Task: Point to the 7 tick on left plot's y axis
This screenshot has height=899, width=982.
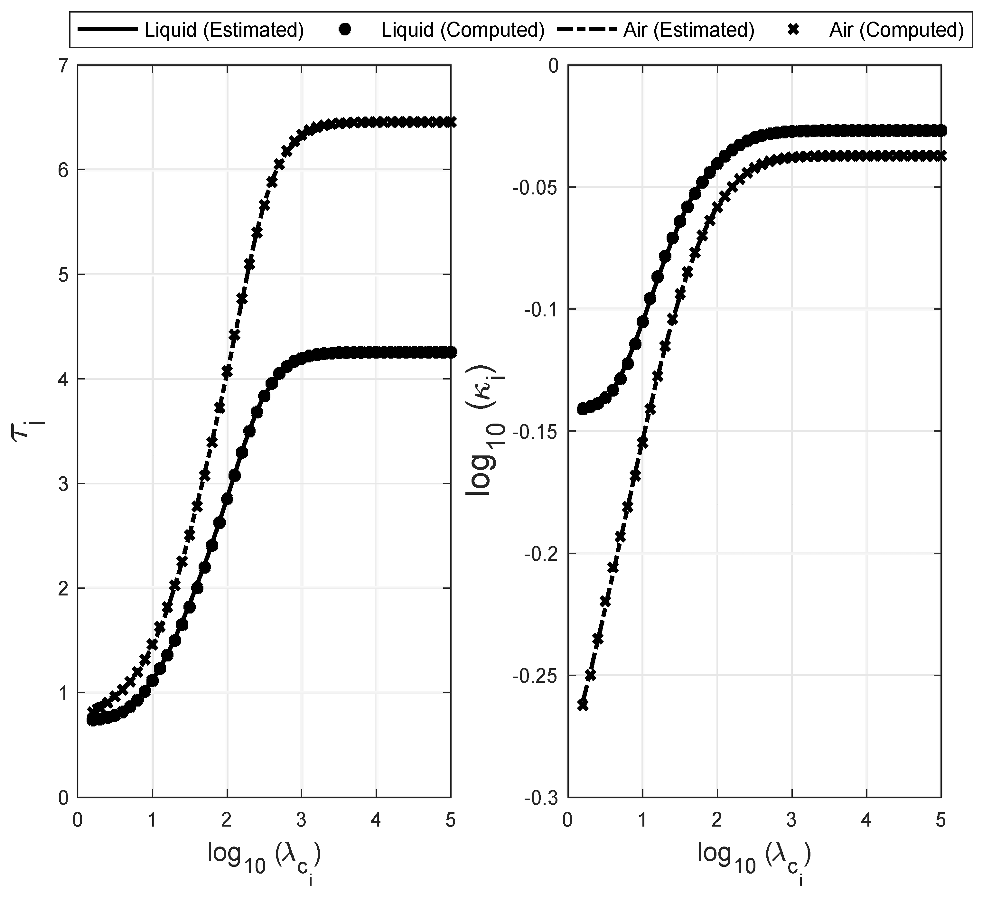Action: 63,65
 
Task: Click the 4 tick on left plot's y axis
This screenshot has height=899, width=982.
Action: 63,379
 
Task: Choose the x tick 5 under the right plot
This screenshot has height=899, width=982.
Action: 940,820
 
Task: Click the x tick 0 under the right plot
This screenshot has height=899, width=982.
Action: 567,820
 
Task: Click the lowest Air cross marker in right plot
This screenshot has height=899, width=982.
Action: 583,705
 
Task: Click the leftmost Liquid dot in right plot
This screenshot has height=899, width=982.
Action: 583,408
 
